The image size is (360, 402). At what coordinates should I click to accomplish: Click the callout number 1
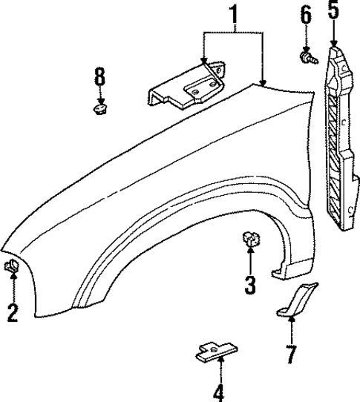234,14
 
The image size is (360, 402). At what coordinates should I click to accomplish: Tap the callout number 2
13,313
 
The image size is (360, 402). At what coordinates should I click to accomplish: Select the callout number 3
249,283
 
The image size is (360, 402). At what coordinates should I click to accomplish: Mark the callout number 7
291,355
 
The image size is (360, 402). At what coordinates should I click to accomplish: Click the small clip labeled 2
12,266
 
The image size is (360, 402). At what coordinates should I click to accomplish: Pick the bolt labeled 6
306,56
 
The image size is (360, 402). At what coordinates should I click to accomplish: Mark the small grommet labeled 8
99,110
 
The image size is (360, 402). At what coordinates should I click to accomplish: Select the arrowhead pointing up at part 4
219,361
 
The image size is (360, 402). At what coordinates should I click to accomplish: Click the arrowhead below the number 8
100,101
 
